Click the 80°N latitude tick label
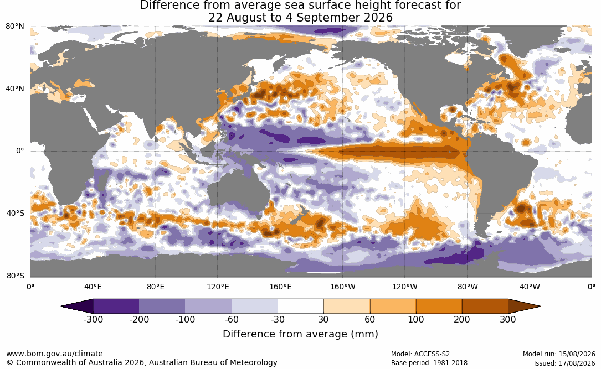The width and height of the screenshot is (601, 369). (x=14, y=27)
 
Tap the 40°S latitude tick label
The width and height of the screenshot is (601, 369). (x=15, y=213)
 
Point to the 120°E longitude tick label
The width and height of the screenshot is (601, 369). (x=218, y=287)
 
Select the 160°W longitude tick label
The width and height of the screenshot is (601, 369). (x=342, y=287)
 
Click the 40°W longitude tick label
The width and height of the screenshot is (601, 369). (x=530, y=287)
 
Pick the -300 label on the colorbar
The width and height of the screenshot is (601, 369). (x=93, y=319)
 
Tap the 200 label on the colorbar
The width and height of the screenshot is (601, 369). (x=462, y=319)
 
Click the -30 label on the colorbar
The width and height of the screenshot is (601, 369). (x=278, y=319)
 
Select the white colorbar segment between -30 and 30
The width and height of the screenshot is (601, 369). (x=301, y=306)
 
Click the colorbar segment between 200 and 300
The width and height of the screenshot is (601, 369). (x=485, y=306)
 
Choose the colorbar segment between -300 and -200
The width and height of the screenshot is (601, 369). (x=116, y=306)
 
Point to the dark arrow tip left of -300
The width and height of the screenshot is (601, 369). (x=61, y=306)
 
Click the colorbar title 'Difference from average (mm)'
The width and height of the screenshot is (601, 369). (x=300, y=334)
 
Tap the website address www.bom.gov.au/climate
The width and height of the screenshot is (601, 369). (x=54, y=354)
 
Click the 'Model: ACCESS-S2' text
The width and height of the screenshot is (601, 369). (x=420, y=354)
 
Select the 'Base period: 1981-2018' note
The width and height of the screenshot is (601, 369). (x=429, y=363)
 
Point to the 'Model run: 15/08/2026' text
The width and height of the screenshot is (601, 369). (x=559, y=354)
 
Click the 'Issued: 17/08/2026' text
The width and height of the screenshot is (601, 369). (x=564, y=363)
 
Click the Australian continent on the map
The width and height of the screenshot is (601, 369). (x=238, y=191)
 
